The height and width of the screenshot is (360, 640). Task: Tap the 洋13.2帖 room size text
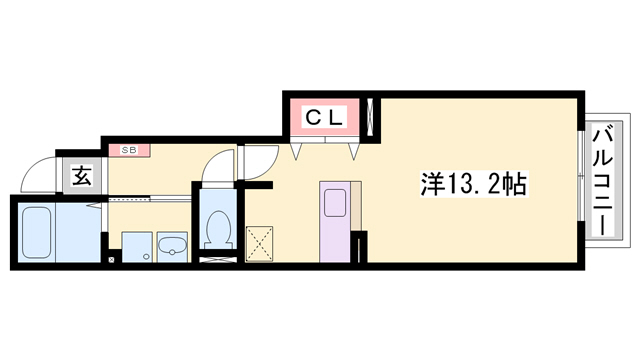474,185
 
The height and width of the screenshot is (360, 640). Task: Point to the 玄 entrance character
82,178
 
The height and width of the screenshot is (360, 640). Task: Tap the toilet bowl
217,231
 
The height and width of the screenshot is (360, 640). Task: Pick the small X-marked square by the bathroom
111,259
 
